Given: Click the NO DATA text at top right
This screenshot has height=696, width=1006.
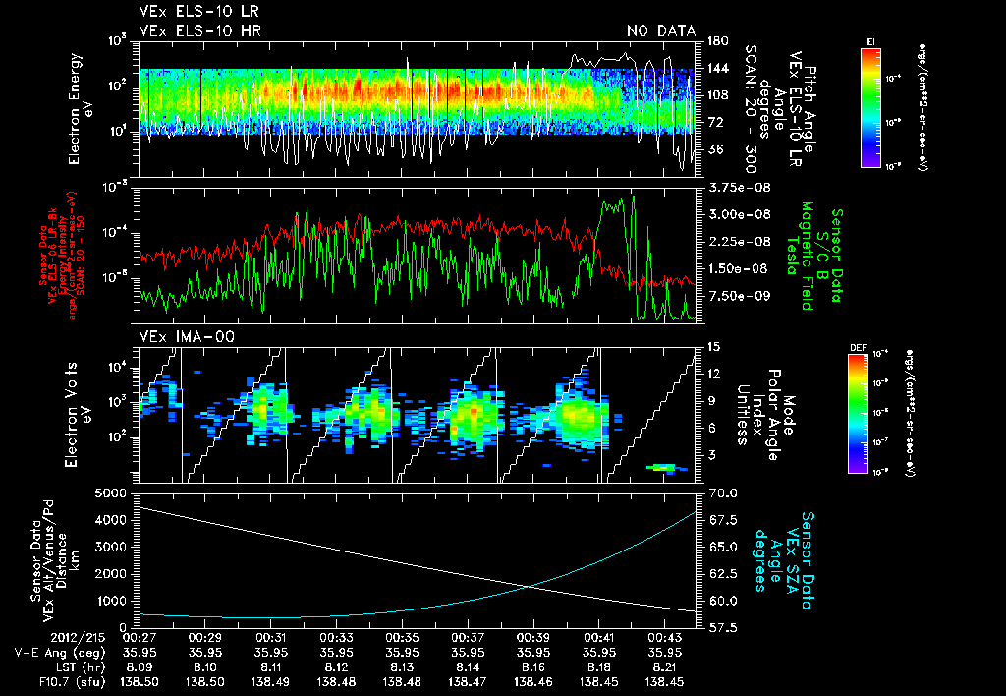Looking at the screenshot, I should click(660, 31).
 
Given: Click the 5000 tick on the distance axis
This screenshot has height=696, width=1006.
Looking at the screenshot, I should click(114, 493).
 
